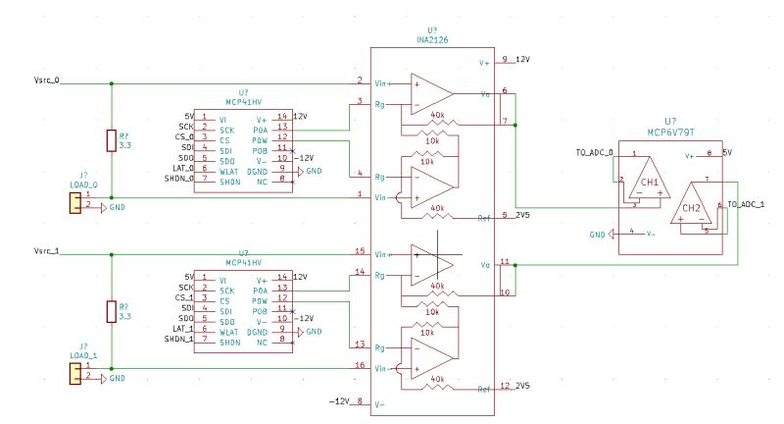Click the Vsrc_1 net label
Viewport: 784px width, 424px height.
pyautogui.click(x=45, y=252)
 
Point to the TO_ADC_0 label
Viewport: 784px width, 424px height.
pyautogui.click(x=594, y=153)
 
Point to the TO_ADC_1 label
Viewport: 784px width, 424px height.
pyautogui.click(x=746, y=203)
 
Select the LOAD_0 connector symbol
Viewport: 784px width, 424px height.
pyautogui.click(x=74, y=202)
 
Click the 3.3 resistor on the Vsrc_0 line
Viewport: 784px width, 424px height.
pyautogui.click(x=111, y=141)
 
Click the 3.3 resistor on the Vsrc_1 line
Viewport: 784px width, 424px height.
pyautogui.click(x=111, y=312)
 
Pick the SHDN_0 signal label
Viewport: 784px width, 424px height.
pyautogui.click(x=178, y=179)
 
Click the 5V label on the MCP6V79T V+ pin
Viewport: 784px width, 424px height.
pyautogui.click(x=727, y=154)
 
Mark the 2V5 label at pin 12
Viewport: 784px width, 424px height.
pyautogui.click(x=523, y=386)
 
